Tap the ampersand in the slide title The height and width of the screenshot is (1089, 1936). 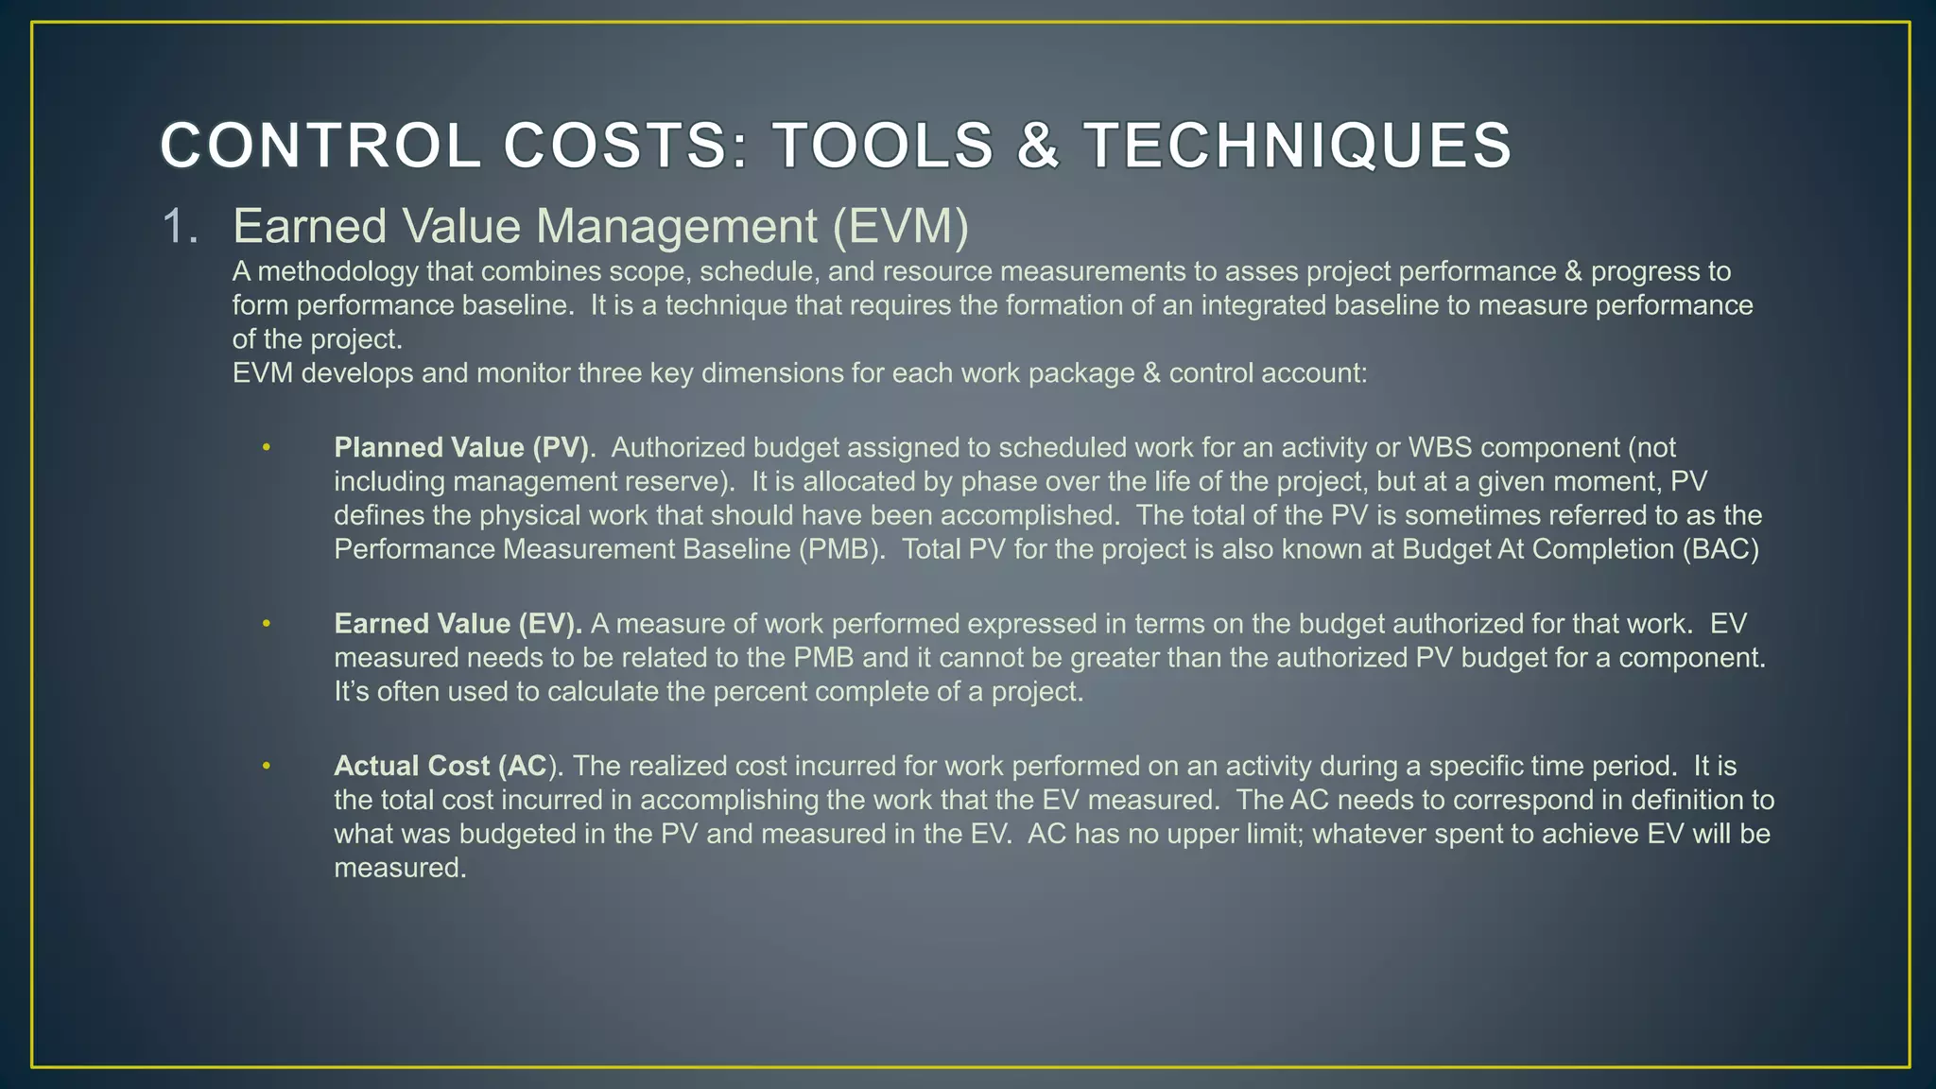point(1037,147)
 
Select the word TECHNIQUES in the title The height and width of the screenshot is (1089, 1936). point(1297,147)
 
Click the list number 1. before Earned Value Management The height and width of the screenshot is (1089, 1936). point(181,227)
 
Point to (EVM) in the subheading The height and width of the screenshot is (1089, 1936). point(901,227)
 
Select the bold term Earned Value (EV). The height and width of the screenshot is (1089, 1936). point(458,624)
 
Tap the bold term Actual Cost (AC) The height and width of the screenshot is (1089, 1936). point(441,766)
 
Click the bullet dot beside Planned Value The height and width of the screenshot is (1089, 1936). point(267,447)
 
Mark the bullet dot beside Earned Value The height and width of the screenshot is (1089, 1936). point(267,624)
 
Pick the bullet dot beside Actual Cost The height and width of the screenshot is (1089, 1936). point(267,766)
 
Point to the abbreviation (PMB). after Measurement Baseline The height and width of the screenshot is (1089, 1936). point(841,549)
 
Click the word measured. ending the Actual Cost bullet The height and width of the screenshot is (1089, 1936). point(400,868)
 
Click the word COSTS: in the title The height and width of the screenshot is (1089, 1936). point(625,147)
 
